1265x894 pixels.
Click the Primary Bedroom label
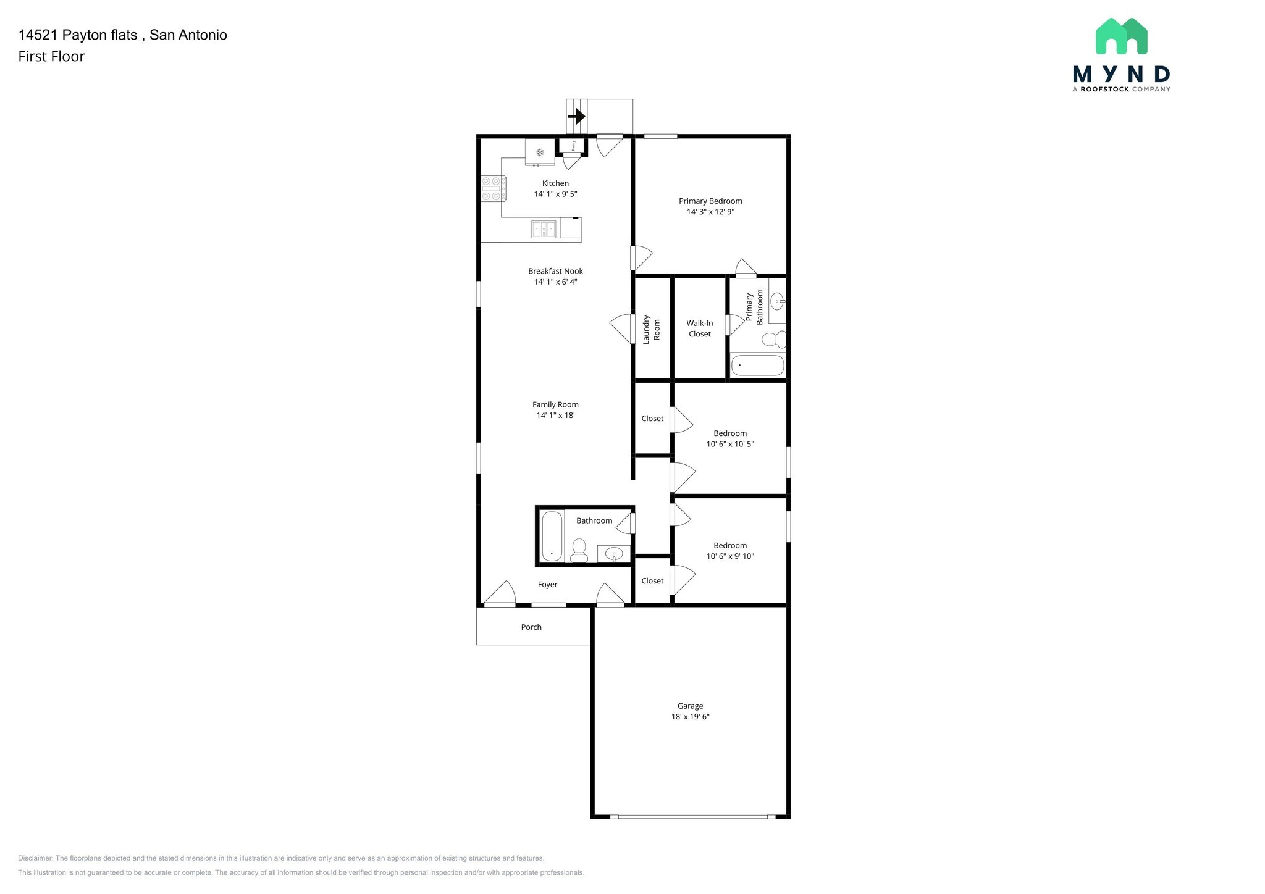point(710,201)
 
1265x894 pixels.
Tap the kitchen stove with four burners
point(494,188)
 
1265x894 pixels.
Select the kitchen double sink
point(544,230)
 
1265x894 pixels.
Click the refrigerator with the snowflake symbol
point(539,152)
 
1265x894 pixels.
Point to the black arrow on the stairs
point(576,116)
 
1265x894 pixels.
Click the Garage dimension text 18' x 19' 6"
point(690,717)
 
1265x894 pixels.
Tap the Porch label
point(531,627)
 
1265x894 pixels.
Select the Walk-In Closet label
point(700,328)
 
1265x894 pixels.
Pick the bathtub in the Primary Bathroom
point(757,366)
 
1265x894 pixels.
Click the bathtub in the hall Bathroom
point(552,536)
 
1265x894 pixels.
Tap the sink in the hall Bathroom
point(614,553)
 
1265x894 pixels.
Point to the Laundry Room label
point(652,329)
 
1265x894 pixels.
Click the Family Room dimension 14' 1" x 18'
point(555,416)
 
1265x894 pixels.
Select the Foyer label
point(547,584)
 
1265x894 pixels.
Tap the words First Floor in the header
point(51,56)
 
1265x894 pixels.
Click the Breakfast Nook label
point(555,271)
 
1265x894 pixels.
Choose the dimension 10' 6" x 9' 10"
point(730,556)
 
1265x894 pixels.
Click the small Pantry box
point(573,146)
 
